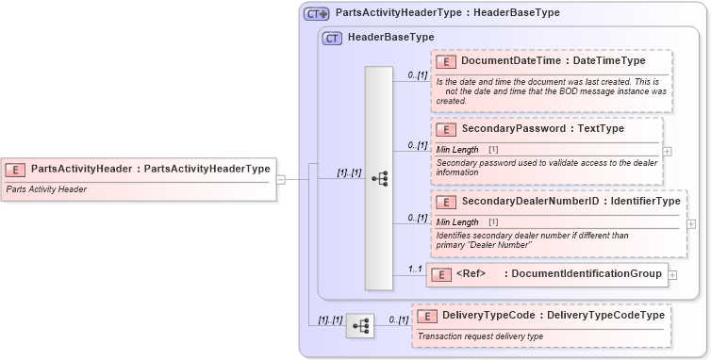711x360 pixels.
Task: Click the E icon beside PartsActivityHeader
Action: (x=16, y=170)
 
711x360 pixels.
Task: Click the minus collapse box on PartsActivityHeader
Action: (x=280, y=179)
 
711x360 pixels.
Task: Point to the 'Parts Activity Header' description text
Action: (x=46, y=189)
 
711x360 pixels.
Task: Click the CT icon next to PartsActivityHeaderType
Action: (x=316, y=13)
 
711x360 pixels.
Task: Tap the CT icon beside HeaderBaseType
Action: (x=332, y=38)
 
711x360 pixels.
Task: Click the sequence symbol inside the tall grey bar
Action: (x=380, y=177)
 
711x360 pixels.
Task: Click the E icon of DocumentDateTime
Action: (x=447, y=61)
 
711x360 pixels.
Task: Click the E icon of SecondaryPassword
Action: (x=447, y=128)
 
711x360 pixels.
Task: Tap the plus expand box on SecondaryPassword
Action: (x=668, y=151)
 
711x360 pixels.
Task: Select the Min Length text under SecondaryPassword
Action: (x=457, y=150)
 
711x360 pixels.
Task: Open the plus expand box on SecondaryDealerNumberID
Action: (x=691, y=224)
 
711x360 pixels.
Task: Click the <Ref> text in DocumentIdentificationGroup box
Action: (x=471, y=274)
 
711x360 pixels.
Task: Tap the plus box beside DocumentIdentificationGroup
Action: (x=672, y=274)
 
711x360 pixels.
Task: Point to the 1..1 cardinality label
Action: (x=414, y=268)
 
